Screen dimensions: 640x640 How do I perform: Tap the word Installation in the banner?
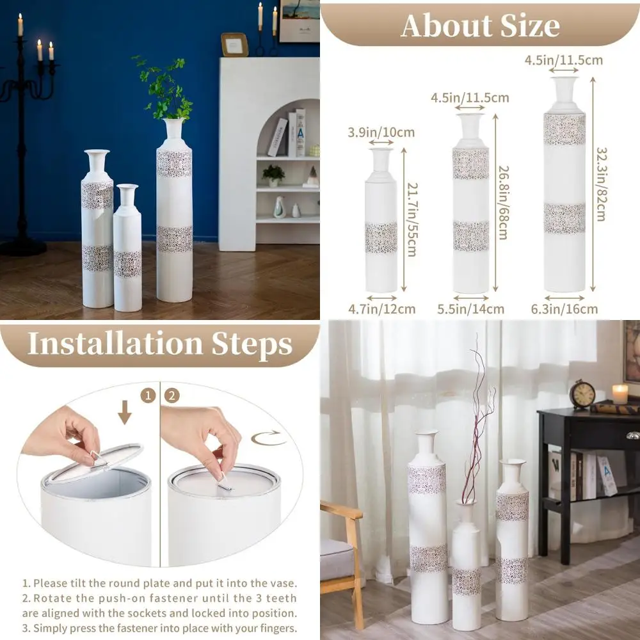click(115, 344)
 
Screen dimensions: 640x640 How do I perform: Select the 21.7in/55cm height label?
click(412, 219)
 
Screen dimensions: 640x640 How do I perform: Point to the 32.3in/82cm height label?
click(602, 184)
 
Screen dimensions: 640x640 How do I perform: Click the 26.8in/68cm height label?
click(503, 202)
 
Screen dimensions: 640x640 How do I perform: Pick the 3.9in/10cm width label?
click(381, 132)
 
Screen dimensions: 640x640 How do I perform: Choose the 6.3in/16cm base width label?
click(564, 309)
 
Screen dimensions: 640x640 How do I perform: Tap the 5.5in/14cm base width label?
click(470, 309)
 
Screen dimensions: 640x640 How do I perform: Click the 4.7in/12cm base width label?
click(381, 309)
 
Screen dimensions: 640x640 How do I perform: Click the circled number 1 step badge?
click(148, 396)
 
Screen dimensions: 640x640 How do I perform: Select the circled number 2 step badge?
click(172, 396)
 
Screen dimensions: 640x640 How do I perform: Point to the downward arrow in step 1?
click(125, 412)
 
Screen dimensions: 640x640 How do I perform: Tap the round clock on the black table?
click(582, 395)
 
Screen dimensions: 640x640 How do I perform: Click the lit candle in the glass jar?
click(620, 394)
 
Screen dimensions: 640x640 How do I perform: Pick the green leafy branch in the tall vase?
click(165, 89)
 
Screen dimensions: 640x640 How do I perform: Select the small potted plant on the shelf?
click(273, 175)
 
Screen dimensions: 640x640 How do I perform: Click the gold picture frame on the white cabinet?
click(235, 45)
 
